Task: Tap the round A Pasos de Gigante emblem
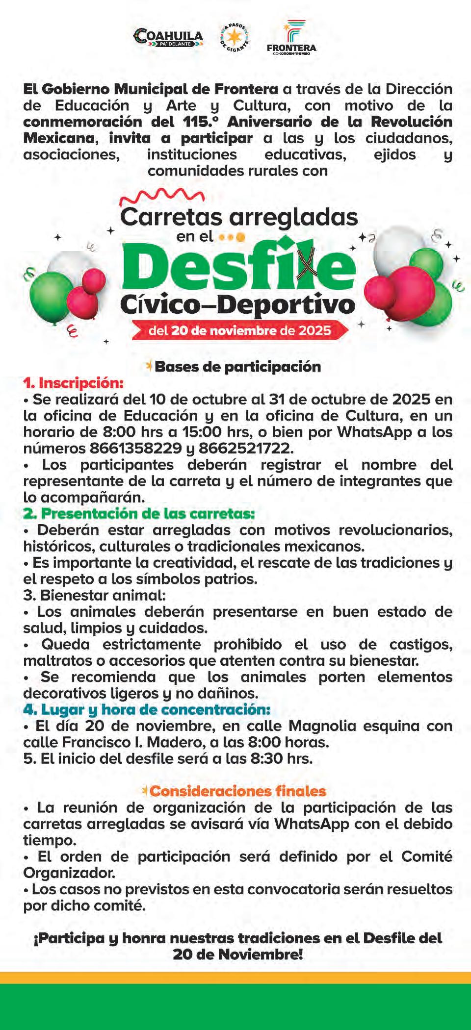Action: click(x=235, y=37)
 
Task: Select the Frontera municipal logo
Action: click(x=291, y=38)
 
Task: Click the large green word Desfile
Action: click(x=238, y=267)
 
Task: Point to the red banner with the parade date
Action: click(x=240, y=330)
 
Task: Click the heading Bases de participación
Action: click(x=237, y=367)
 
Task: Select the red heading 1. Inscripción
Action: click(x=74, y=383)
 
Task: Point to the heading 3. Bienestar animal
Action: click(x=95, y=595)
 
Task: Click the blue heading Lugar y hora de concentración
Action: click(x=147, y=709)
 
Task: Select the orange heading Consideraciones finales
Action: click(x=237, y=791)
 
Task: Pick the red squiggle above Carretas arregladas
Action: click(x=162, y=196)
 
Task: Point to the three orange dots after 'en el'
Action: click(x=232, y=237)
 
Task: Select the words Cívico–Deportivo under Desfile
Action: click(x=237, y=305)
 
